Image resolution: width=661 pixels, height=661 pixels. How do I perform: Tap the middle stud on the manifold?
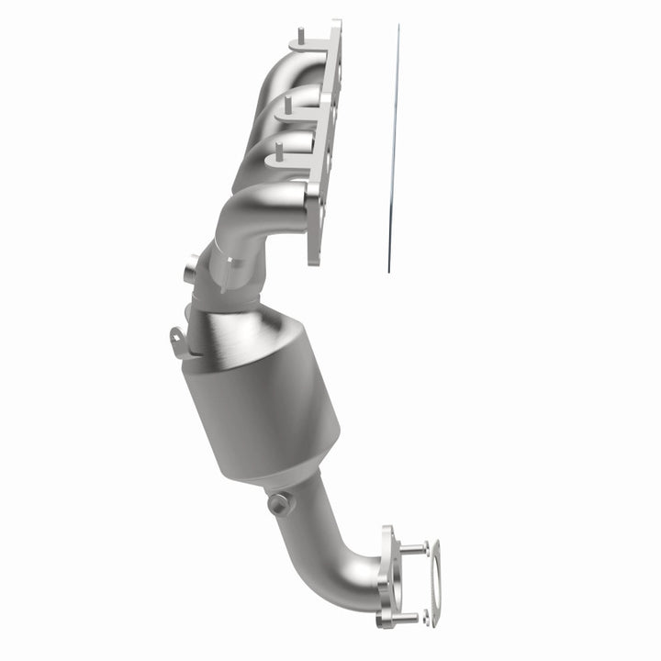tap(289, 101)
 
